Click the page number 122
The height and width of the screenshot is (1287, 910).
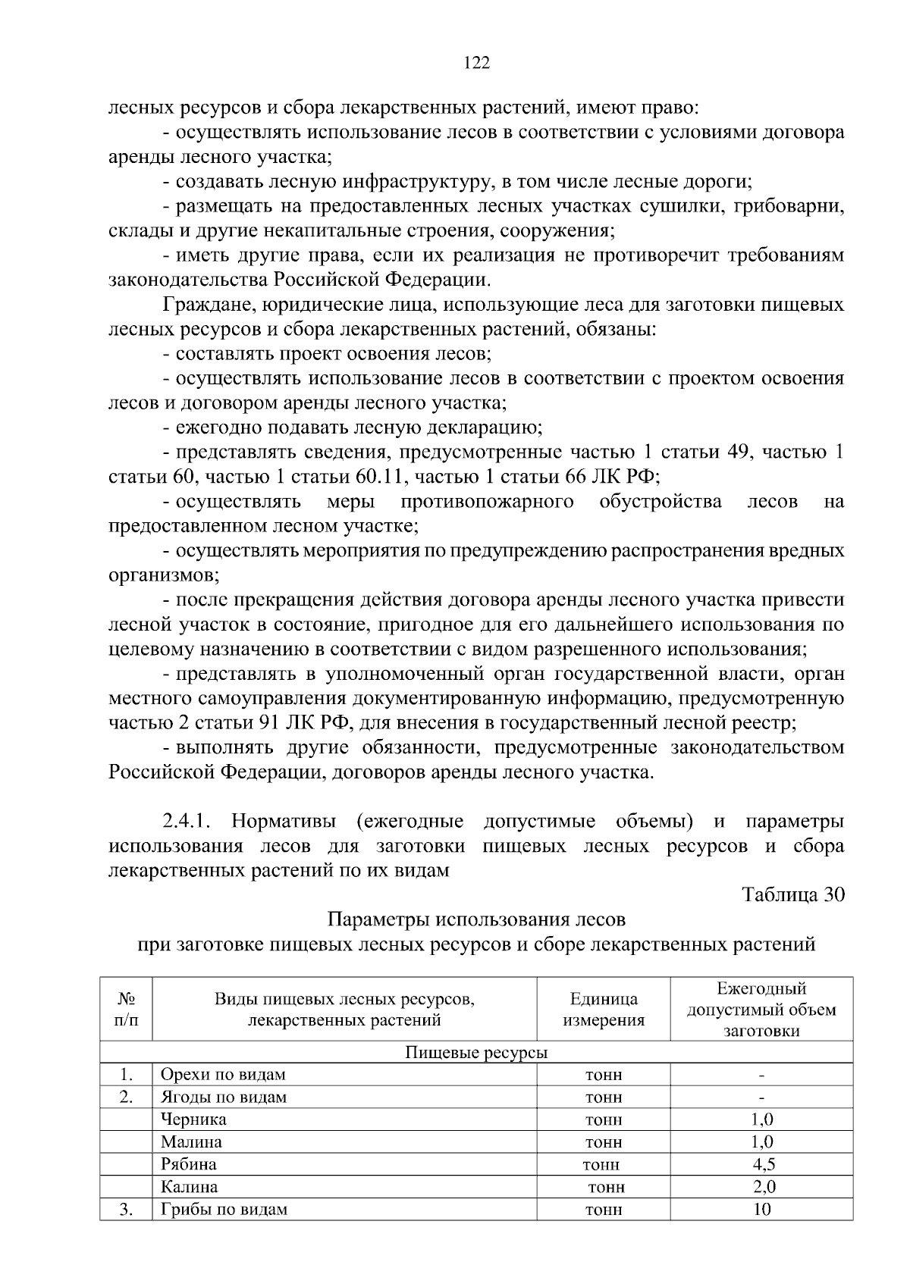(x=476, y=63)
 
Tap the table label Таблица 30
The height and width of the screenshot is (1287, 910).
(x=792, y=894)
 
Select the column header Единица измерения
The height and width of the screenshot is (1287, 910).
(x=604, y=1010)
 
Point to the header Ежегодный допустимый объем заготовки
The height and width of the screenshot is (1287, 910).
(x=761, y=1010)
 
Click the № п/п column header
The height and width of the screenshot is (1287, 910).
(x=126, y=1010)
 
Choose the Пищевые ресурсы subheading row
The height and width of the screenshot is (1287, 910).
(x=476, y=1053)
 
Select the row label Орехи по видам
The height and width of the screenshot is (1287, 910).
(x=223, y=1075)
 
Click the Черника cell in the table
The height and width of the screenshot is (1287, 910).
(x=193, y=1119)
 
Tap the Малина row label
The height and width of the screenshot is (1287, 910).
(x=191, y=1141)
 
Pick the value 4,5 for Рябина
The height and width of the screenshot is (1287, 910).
(x=761, y=1164)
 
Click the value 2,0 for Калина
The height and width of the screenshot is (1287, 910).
(x=761, y=1186)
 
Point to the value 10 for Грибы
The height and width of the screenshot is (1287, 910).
(x=761, y=1209)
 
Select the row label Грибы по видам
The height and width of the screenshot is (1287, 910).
(x=224, y=1209)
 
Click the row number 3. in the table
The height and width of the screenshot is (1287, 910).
(x=126, y=1209)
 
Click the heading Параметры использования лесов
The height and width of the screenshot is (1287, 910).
(x=476, y=919)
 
